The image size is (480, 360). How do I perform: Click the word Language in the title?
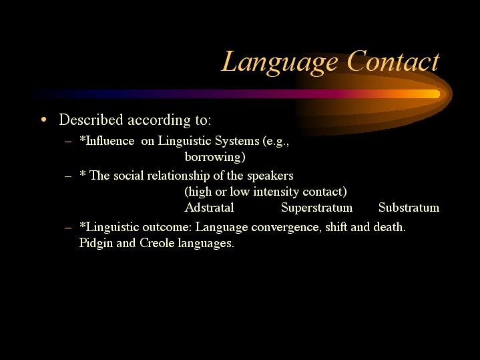(x=280, y=62)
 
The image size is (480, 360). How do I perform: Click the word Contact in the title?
(x=393, y=61)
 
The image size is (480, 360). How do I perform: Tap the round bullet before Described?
(x=44, y=119)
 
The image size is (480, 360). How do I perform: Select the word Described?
(x=91, y=119)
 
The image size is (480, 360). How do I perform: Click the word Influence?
(x=107, y=141)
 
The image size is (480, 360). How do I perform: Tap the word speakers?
(x=270, y=176)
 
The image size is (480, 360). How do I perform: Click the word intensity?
(x=276, y=192)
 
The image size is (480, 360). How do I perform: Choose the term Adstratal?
(x=210, y=208)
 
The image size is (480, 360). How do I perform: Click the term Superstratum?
(x=317, y=208)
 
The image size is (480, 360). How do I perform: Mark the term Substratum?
(x=409, y=208)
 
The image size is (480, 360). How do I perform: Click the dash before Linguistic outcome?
(x=68, y=228)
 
